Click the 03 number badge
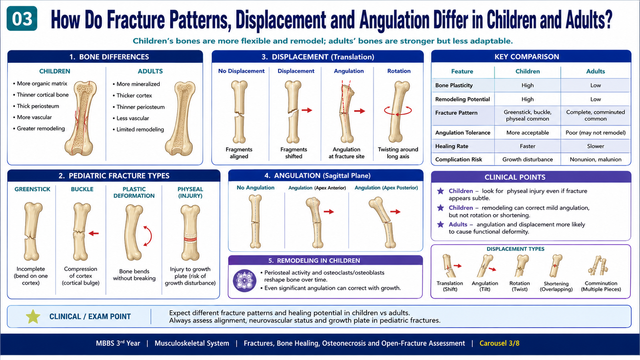22,18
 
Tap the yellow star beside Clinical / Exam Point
33,316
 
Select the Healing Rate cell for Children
528,146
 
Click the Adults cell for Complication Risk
596,160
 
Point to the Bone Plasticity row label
454,86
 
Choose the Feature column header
462,72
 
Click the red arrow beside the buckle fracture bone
94,234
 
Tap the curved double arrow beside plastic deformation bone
148,236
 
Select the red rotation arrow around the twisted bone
398,111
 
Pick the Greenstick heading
32,189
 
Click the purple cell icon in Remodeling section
244,280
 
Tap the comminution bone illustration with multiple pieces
598,266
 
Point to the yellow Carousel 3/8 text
500,343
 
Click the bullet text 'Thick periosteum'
38,106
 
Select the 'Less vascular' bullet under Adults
132,118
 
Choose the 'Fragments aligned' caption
239,153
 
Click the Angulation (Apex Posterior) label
386,188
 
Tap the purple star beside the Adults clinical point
440,224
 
